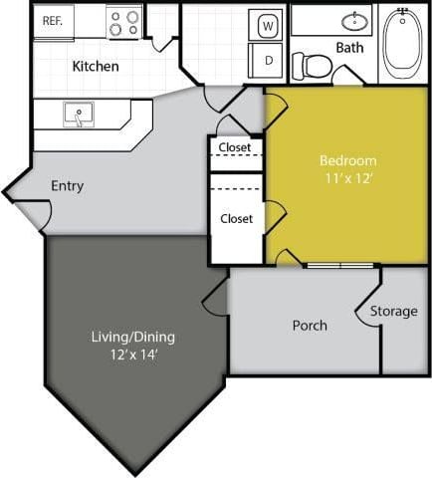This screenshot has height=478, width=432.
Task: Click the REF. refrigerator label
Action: coord(51,20)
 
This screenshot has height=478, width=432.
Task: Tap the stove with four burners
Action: coord(124,22)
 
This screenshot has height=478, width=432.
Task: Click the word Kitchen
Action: coord(96,67)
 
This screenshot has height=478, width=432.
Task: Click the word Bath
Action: coord(349,47)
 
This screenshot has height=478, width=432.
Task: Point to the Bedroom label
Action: coord(348,160)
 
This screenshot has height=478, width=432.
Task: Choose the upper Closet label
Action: coord(236,147)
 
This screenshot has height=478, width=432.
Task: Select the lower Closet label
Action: coord(236,218)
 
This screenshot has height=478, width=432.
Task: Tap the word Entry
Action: coord(67,185)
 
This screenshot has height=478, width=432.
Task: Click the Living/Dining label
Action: coord(132,337)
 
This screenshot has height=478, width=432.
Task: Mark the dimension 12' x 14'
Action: coord(132,354)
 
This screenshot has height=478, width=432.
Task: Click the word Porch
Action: coord(310,326)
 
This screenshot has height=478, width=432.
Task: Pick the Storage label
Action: coord(393,311)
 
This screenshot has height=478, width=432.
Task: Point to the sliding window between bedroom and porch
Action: coord(340,265)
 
